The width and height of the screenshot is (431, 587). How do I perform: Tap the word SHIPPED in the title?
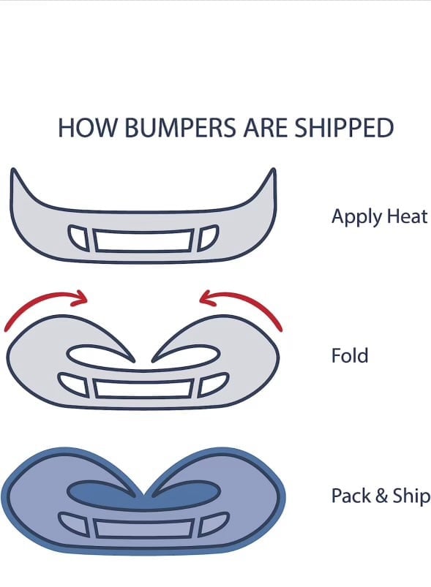click(344, 128)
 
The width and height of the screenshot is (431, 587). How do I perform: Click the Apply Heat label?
click(379, 217)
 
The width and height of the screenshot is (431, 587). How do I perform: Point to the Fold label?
click(350, 355)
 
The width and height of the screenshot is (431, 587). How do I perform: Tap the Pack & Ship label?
click(381, 496)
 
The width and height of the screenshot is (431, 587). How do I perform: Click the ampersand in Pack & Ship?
click(381, 496)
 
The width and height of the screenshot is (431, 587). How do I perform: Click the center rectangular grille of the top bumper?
click(143, 240)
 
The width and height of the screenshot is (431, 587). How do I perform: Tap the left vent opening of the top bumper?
click(79, 238)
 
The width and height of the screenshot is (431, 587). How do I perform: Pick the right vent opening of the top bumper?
click(208, 238)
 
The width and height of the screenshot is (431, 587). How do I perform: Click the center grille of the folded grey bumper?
click(143, 389)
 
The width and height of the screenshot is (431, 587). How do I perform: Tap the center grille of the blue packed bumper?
click(143, 529)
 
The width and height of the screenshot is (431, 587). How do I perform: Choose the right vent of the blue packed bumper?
click(212, 523)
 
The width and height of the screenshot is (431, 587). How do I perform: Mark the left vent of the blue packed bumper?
click(73, 523)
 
